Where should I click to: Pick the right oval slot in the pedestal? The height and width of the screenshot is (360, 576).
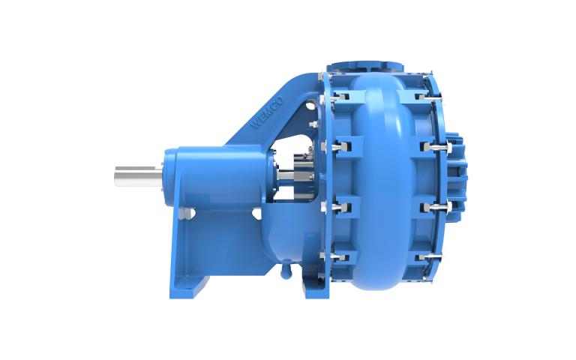click(x=256, y=214)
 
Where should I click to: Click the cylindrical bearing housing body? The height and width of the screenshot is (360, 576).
click(x=217, y=176)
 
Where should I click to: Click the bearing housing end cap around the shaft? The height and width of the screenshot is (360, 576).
click(x=166, y=177)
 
